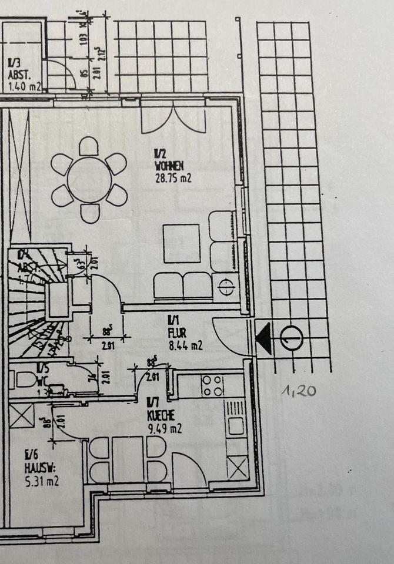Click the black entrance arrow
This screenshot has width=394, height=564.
coord(263,339)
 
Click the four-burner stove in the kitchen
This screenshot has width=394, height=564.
coord(212,385)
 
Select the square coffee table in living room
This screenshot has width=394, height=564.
coord(182,243)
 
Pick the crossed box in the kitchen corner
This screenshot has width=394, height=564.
coord(238,469)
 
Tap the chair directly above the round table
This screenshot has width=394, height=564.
coord(89,146)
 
